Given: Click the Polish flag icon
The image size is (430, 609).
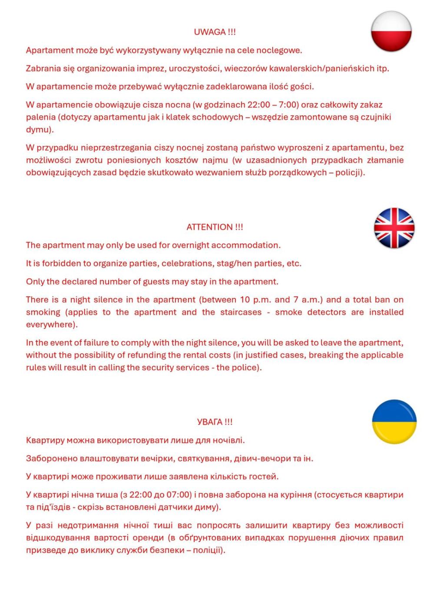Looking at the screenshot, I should click(391, 32).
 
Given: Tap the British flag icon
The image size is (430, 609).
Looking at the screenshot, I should click(394, 228).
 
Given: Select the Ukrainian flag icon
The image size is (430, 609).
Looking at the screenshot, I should click(394, 422).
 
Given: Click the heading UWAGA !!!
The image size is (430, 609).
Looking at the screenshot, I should click(215, 32).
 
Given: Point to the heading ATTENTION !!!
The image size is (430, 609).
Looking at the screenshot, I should click(215, 227).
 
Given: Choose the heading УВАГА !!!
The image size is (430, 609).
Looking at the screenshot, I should click(215, 422).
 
